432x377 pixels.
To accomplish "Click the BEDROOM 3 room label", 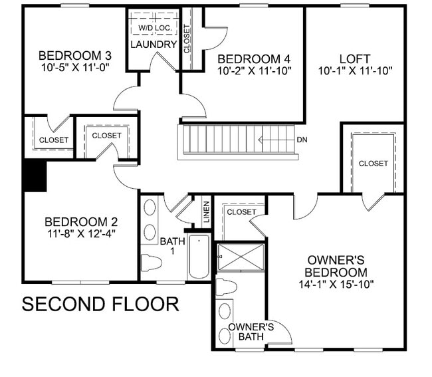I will tap(74, 55).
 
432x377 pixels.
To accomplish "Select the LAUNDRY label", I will tap(154, 45).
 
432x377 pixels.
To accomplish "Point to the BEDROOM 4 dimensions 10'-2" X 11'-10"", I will tap(255, 70).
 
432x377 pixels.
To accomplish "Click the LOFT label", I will tap(354, 59).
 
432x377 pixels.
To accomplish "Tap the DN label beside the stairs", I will tap(302, 140).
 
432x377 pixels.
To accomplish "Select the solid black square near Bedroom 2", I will tap(34, 176).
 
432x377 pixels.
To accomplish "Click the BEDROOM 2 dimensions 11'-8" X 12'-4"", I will tap(80, 233).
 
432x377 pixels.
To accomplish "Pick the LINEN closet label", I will tap(206, 211).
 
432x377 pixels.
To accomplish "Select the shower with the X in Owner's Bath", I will tap(241, 257).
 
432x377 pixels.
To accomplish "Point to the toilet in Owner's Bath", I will tap(227, 287).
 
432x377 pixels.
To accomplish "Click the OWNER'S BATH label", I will tap(251, 332).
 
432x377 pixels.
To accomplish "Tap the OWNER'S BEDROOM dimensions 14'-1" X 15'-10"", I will tap(336, 285).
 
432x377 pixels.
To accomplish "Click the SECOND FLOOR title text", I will tap(100, 304).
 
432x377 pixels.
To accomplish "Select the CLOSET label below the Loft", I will tap(373, 164).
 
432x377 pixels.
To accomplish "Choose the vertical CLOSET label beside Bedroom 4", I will tap(187, 38).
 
